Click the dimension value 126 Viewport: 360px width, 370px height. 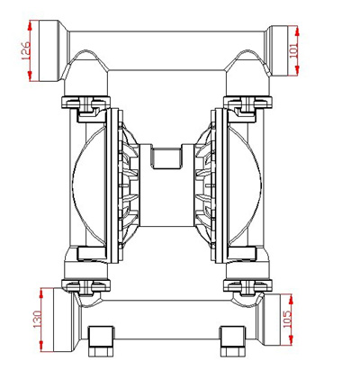click(x=26, y=50)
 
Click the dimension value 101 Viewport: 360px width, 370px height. click(x=294, y=50)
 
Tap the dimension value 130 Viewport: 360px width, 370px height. click(x=38, y=319)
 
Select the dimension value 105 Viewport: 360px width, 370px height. click(x=287, y=319)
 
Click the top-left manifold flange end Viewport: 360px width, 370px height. click(x=50, y=50)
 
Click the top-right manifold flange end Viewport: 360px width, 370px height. click(x=278, y=50)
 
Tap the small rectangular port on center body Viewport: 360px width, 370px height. click(x=166, y=157)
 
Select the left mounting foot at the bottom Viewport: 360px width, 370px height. click(x=101, y=341)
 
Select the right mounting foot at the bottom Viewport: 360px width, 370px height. click(x=234, y=341)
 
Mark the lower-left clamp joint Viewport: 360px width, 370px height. click(x=85, y=285)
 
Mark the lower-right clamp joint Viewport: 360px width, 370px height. click(x=247, y=285)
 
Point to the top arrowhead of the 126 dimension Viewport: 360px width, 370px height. click(x=30, y=25)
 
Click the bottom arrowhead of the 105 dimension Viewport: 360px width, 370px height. click(x=291, y=340)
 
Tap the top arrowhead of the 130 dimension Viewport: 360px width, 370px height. click(x=41, y=293)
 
